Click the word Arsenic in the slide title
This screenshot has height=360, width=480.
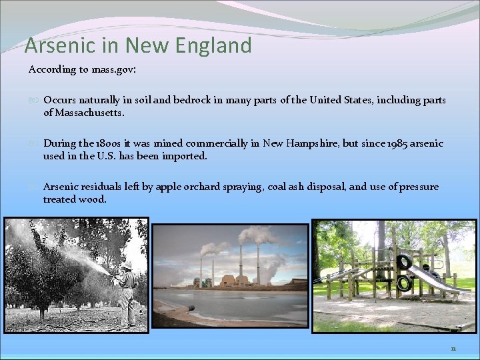click(x=54, y=46)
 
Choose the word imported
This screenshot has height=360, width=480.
click(x=185, y=156)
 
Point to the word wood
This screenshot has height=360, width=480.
click(x=93, y=199)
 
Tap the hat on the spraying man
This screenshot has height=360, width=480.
click(x=125, y=265)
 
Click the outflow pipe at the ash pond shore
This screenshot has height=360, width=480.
click(x=190, y=309)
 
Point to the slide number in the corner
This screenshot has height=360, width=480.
click(x=453, y=348)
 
